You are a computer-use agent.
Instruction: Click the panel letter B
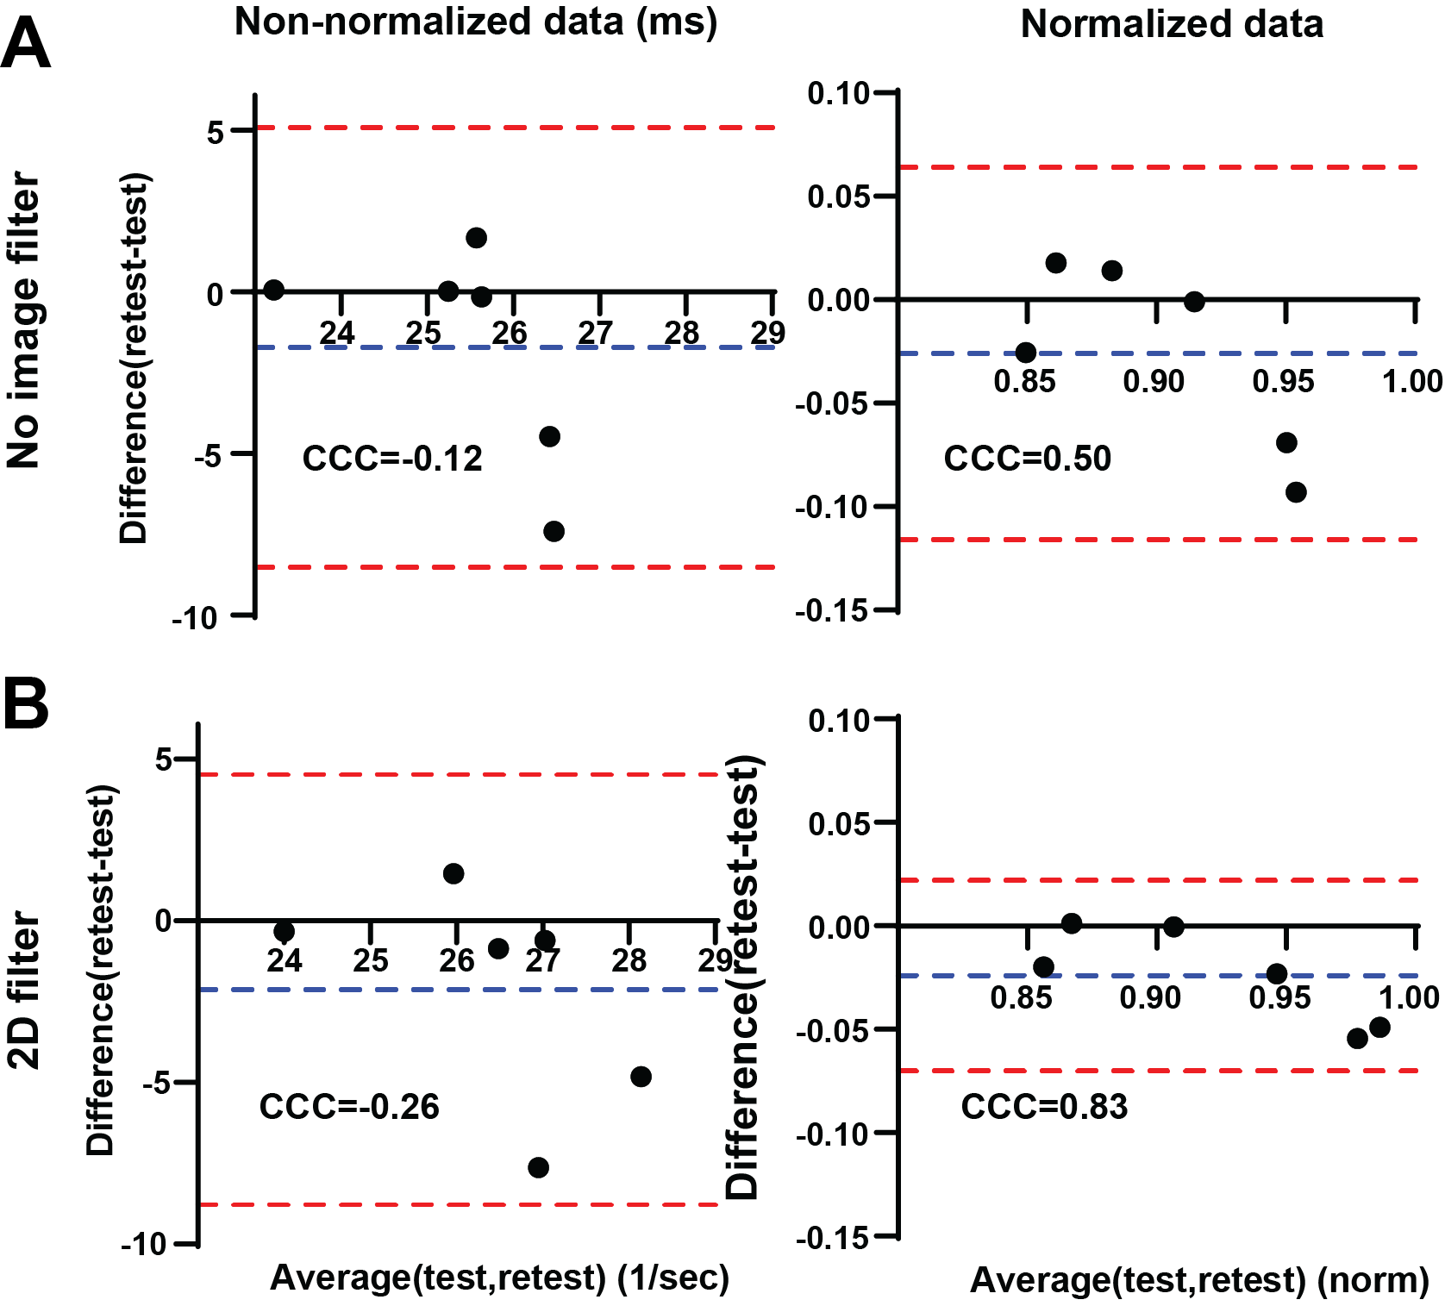tap(26, 704)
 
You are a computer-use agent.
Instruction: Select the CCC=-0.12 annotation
tap(392, 459)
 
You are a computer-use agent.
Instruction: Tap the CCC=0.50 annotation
tap(1027, 459)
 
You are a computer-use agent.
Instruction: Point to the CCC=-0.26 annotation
tap(349, 1106)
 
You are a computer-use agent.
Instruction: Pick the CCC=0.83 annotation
tap(1044, 1106)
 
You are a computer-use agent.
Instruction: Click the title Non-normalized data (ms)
tap(476, 22)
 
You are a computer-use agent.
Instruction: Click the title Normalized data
tap(1172, 24)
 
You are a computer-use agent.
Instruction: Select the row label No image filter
tap(24, 321)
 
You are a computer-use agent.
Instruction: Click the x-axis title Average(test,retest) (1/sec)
tap(500, 1278)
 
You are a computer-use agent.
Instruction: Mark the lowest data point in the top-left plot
tap(554, 531)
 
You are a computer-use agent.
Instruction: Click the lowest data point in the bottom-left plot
tap(538, 1168)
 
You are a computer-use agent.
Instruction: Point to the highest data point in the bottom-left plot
tap(454, 874)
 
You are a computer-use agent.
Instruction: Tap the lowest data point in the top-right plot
tap(1296, 492)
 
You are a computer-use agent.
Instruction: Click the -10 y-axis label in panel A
tap(195, 617)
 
